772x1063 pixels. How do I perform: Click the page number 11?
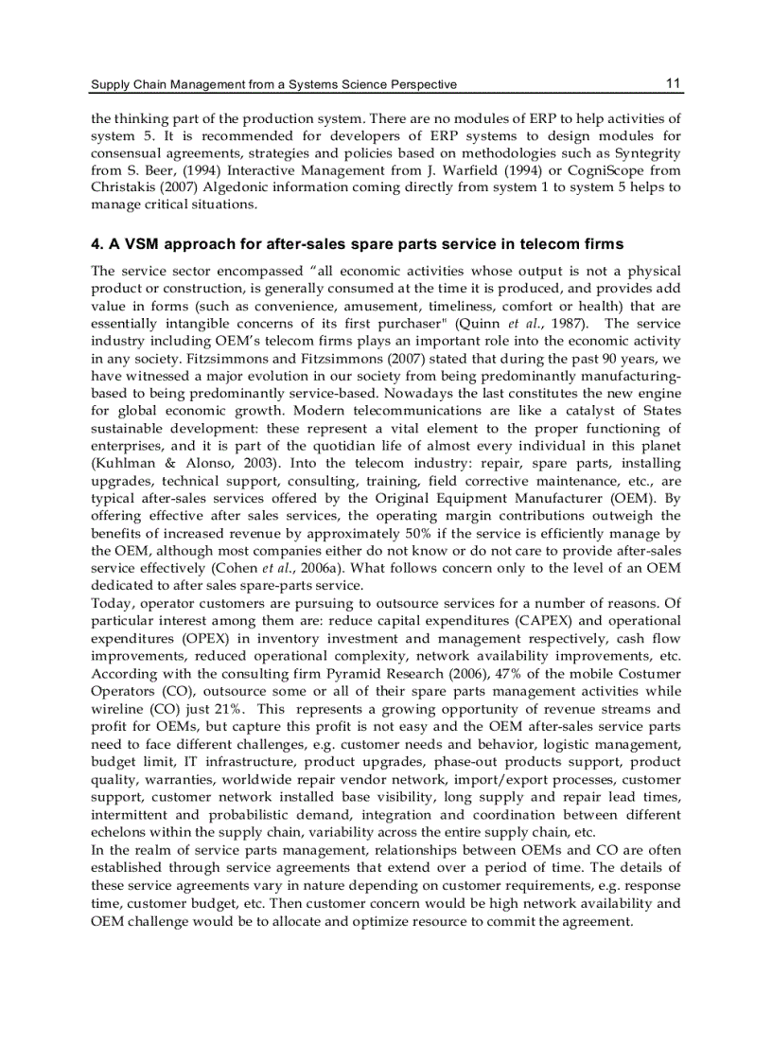click(673, 83)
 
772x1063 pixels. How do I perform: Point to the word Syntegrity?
click(646, 153)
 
